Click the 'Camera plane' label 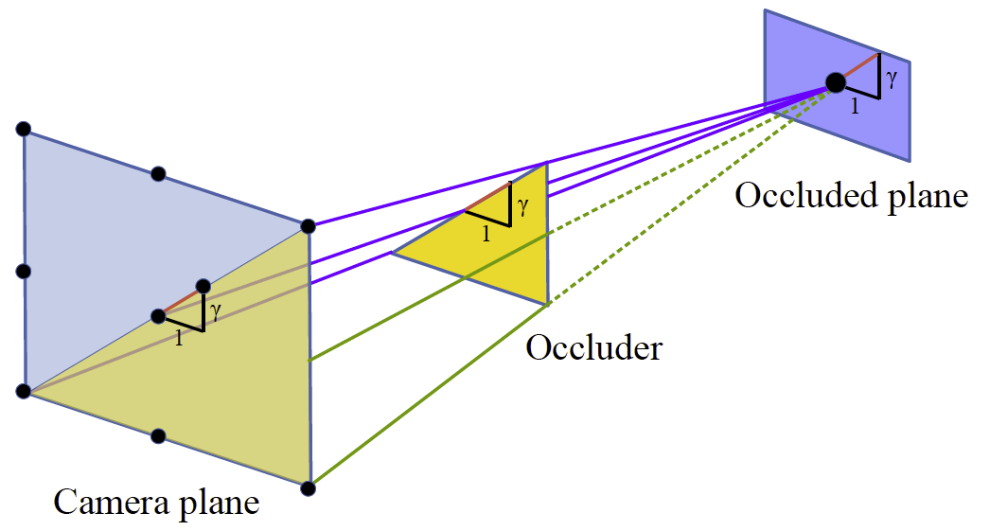pyautogui.click(x=156, y=501)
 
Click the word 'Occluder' pyautogui.click(x=593, y=348)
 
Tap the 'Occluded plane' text pyautogui.click(x=851, y=196)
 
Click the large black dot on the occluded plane pyautogui.click(x=836, y=82)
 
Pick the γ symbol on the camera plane pyautogui.click(x=216, y=311)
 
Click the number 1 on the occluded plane pyautogui.click(x=856, y=107)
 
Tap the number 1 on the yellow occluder pyautogui.click(x=486, y=234)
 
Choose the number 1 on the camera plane pyautogui.click(x=179, y=337)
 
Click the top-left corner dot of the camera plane pyautogui.click(x=24, y=129)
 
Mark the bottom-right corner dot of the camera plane pyautogui.click(x=308, y=488)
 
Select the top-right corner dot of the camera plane pyautogui.click(x=308, y=225)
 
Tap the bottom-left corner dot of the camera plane pyautogui.click(x=24, y=392)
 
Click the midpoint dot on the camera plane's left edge pyautogui.click(x=24, y=272)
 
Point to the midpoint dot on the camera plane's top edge pyautogui.click(x=158, y=173)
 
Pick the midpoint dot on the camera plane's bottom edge pyautogui.click(x=158, y=435)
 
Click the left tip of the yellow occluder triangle pyautogui.click(x=393, y=252)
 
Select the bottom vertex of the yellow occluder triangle pyautogui.click(x=547, y=303)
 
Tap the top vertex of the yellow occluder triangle pyautogui.click(x=546, y=164)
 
